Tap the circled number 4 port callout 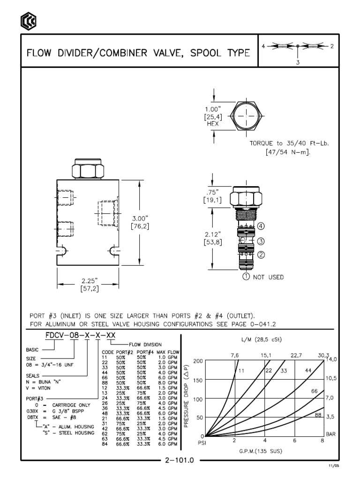261,226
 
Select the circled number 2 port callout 261,255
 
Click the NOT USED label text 269,277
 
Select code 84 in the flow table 105,443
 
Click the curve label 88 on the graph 318,414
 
